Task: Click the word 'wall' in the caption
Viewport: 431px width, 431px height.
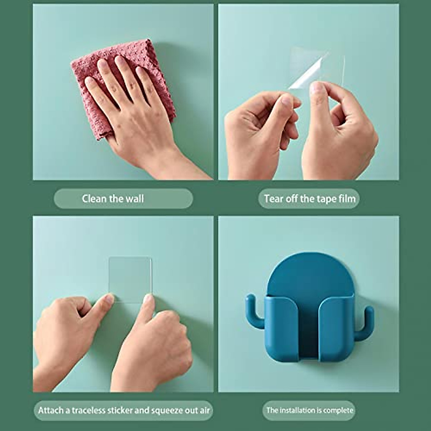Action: [x=134, y=199]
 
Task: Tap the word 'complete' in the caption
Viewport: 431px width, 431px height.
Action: [x=338, y=410]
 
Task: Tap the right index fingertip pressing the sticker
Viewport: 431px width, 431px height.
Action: [x=148, y=299]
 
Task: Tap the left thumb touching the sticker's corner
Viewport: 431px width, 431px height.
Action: [x=108, y=299]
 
